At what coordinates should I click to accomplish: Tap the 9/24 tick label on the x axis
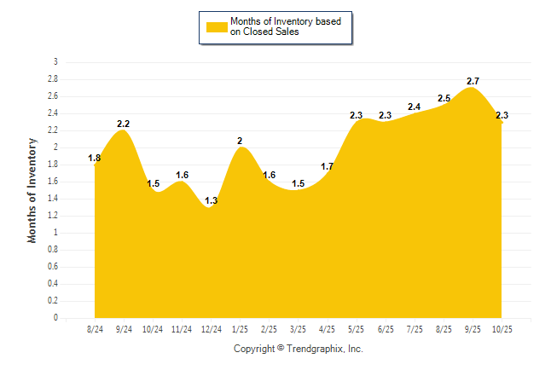(124, 328)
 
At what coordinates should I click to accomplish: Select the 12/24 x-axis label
(211, 328)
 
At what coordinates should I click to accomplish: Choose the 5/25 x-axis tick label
(357, 328)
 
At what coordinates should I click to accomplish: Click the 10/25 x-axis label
(502, 328)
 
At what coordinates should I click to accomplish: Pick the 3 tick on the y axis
(55, 62)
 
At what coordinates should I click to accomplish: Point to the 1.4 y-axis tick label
(54, 199)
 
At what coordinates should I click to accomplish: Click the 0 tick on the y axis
(55, 318)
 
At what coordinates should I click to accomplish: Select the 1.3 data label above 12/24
(211, 200)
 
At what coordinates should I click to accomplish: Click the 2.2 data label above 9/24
(124, 124)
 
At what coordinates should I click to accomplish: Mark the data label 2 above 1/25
(240, 141)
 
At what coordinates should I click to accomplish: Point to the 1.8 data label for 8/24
(95, 158)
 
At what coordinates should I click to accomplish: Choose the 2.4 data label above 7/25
(415, 107)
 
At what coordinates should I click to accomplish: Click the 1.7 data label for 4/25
(328, 166)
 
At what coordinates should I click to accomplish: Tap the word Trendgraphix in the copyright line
(314, 349)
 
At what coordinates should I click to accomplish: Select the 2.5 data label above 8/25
(444, 98)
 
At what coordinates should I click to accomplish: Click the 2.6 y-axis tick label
(54, 96)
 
